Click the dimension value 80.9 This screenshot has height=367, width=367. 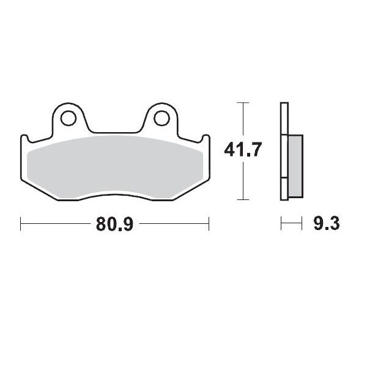115,224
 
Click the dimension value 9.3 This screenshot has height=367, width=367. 326,224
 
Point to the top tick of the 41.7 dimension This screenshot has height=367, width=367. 244,102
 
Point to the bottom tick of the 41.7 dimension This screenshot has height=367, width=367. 244,200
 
